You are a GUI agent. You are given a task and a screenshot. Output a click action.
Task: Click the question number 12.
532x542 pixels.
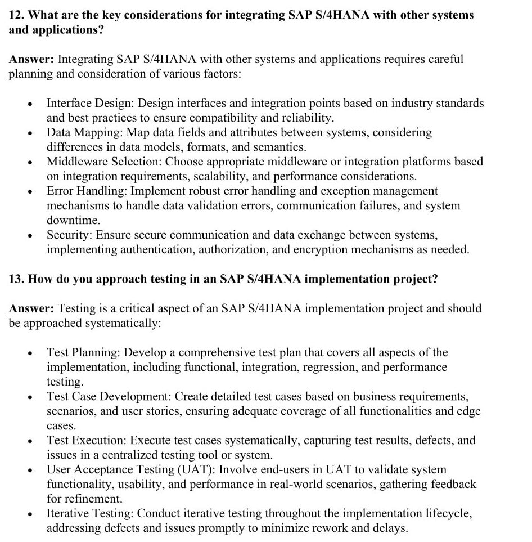pyautogui.click(x=16, y=15)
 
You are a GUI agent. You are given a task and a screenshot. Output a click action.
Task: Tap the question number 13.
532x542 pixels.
pyautogui.click(x=16, y=279)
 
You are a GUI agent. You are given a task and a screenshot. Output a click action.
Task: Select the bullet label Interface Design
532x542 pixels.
pyautogui.click(x=90, y=104)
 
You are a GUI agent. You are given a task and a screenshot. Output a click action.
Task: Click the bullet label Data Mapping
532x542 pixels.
pyautogui.click(x=84, y=133)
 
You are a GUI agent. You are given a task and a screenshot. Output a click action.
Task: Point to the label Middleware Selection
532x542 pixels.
pyautogui.click(x=105, y=162)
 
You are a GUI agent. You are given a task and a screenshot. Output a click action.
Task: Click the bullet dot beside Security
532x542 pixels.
pyautogui.click(x=30, y=236)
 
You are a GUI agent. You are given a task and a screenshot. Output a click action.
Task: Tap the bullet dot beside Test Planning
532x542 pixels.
pyautogui.click(x=30, y=353)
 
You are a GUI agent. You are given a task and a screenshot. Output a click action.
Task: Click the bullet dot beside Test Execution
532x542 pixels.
pyautogui.click(x=30, y=441)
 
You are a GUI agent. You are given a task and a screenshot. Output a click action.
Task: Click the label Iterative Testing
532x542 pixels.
pyautogui.click(x=90, y=513)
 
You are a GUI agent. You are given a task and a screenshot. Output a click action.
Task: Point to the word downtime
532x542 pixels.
pyautogui.click(x=73, y=221)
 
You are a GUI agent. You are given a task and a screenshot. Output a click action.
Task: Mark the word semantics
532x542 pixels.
pyautogui.click(x=278, y=147)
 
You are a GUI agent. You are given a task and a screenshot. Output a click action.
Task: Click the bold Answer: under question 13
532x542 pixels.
pyautogui.click(x=31, y=308)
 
